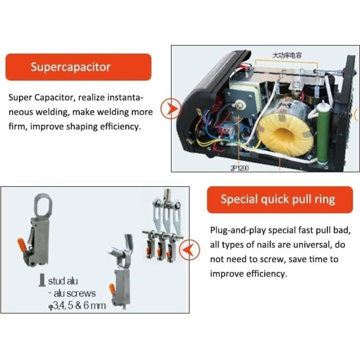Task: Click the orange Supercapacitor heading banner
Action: pos(78,67)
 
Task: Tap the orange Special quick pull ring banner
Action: pos(279,199)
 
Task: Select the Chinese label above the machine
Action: pos(287,55)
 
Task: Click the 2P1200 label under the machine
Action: pos(239,168)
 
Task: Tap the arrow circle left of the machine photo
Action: pos(171,108)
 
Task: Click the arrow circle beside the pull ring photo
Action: pos(189,250)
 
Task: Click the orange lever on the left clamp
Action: pos(23,245)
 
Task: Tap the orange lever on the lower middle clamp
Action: pos(112,289)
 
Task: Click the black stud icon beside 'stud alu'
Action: pos(41,280)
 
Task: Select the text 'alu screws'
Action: pos(75,293)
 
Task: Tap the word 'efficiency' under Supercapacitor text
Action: pos(120,126)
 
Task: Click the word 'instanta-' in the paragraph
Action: pos(125,98)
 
